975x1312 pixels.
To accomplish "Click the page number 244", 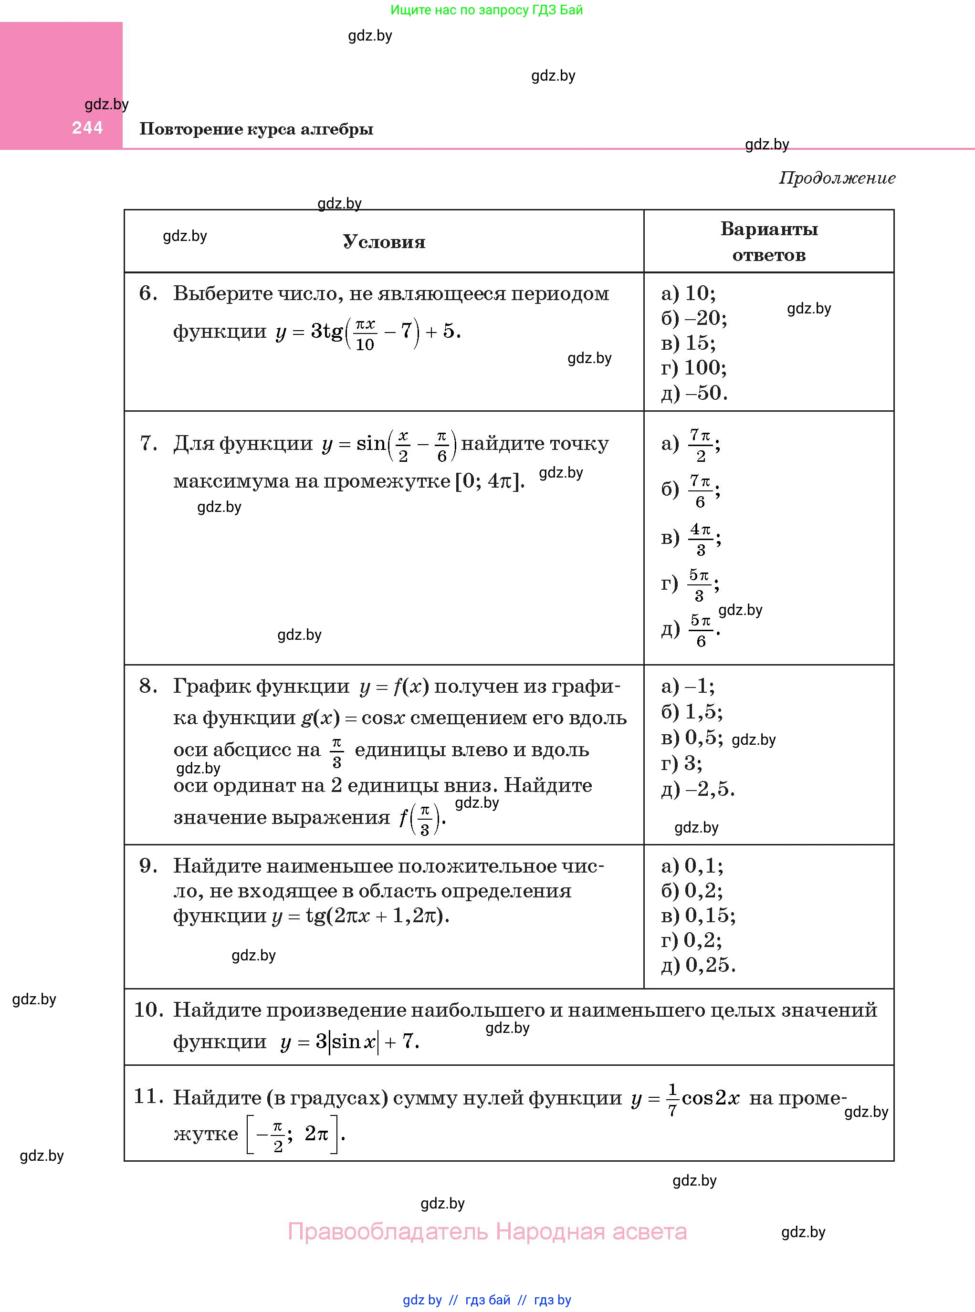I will click(87, 127).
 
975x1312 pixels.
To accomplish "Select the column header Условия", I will click(384, 242).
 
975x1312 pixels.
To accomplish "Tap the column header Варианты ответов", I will click(768, 241).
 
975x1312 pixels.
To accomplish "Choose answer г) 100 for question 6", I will click(693, 367).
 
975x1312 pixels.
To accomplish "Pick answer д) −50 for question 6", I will click(694, 393).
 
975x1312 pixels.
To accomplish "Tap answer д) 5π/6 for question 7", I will click(691, 630).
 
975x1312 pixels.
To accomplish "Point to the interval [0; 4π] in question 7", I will click(489, 481).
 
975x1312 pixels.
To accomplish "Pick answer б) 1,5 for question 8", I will click(692, 712).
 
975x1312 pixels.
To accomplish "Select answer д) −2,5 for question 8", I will click(698, 789).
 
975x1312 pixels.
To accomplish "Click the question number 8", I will click(148, 686).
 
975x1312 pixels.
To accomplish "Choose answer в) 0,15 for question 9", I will click(698, 915).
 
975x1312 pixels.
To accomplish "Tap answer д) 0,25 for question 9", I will click(698, 965).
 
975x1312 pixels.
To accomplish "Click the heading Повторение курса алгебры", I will click(256, 129).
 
